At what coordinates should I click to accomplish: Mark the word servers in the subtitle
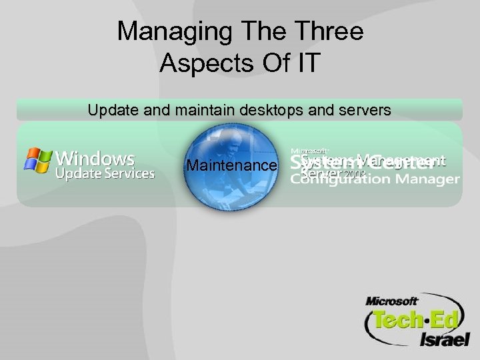363,111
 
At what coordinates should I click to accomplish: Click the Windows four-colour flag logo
37,161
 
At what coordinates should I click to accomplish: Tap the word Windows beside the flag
95,159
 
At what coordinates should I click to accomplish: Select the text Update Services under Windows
105,174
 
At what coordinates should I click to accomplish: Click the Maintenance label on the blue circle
231,165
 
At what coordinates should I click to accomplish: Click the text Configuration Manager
375,179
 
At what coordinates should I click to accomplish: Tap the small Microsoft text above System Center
309,151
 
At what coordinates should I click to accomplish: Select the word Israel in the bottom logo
443,339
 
